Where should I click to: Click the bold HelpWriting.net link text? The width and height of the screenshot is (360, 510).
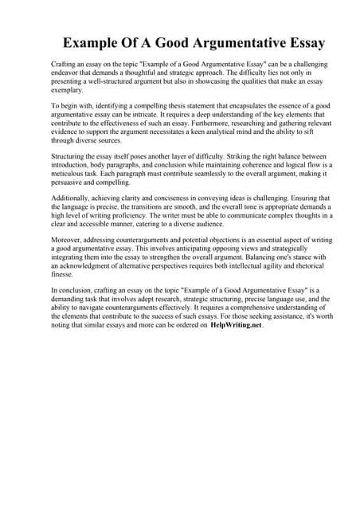pos(236,326)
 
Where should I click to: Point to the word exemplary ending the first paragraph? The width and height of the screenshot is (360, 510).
pos(67,91)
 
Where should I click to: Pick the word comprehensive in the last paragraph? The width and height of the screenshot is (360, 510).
pos(216,305)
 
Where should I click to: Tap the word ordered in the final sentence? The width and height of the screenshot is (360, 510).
pos(184,326)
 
